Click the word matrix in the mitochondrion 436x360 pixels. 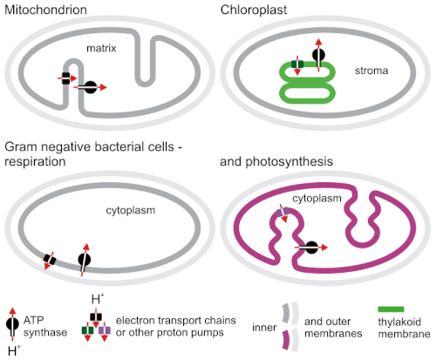click(x=101, y=48)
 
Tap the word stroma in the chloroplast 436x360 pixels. click(x=371, y=71)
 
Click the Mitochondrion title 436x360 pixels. click(x=45, y=10)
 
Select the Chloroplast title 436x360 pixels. click(x=254, y=10)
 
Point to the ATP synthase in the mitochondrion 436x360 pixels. click(x=91, y=87)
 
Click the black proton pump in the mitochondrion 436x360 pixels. click(x=66, y=78)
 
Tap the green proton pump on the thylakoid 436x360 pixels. click(x=297, y=64)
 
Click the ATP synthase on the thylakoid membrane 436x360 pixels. click(x=318, y=55)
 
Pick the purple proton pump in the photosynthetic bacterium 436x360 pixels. click(x=283, y=212)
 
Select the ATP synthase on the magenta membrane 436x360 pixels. click(x=311, y=248)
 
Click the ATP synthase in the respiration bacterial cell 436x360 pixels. click(x=85, y=259)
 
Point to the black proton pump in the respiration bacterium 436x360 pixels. click(x=50, y=259)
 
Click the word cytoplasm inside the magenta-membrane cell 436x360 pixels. click(x=317, y=199)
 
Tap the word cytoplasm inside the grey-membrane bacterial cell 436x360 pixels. click(x=131, y=210)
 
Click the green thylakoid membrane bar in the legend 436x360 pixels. click(x=391, y=309)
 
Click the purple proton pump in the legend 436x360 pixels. click(x=105, y=330)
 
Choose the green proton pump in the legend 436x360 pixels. click(x=87, y=330)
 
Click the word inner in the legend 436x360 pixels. click(x=264, y=328)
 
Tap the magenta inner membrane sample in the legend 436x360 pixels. click(x=286, y=339)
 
